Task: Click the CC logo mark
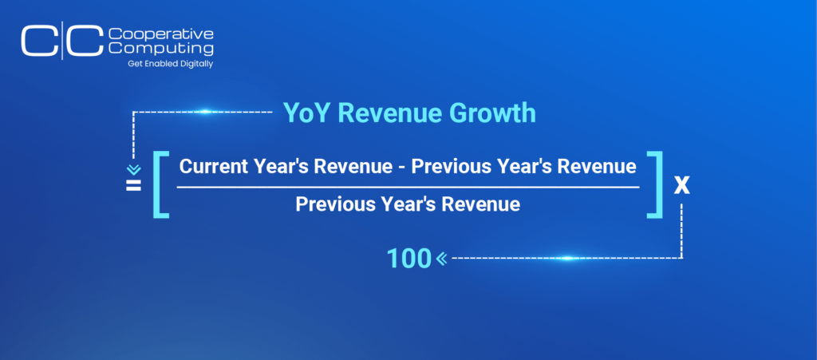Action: (62, 41)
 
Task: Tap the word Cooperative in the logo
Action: (160, 35)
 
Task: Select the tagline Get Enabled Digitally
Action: (171, 64)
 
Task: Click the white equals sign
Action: (133, 185)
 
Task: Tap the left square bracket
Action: (161, 184)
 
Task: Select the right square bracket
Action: (654, 184)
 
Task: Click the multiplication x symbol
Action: (681, 186)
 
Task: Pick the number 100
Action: (409, 259)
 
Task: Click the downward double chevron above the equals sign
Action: (134, 170)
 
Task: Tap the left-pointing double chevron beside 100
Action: (442, 258)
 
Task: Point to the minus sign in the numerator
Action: (402, 168)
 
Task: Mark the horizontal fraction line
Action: (408, 186)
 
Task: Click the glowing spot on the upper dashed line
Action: (205, 112)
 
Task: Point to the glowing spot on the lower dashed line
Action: (567, 258)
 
